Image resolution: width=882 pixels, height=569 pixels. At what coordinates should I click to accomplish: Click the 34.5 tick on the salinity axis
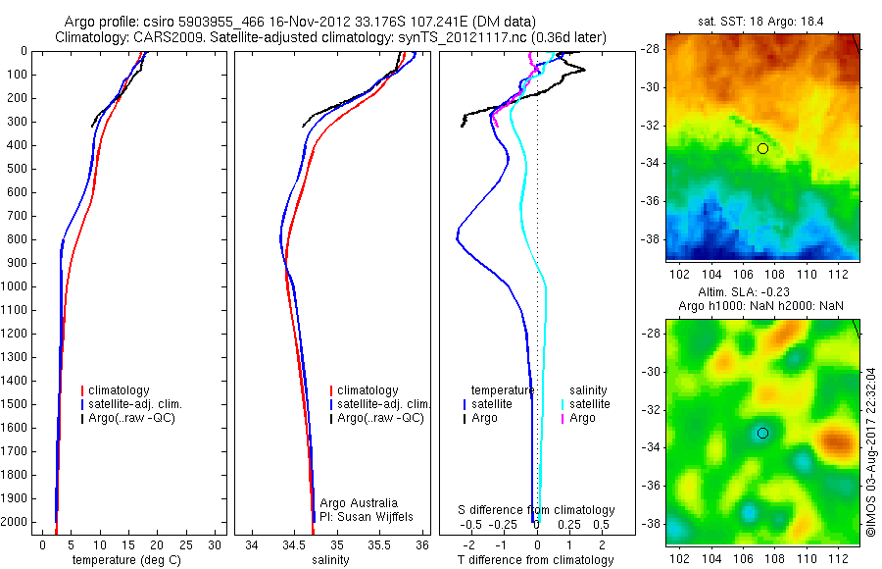tap(294, 543)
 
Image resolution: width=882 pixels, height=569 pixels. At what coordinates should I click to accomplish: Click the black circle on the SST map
tap(762, 148)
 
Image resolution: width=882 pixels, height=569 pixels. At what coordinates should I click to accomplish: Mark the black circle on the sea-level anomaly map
tap(762, 433)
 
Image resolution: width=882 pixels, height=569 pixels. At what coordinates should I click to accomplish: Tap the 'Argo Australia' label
tap(359, 502)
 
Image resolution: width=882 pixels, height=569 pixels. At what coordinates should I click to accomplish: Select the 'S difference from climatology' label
tap(537, 510)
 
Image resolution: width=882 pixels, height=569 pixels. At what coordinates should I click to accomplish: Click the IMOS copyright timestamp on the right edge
tap(870, 451)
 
